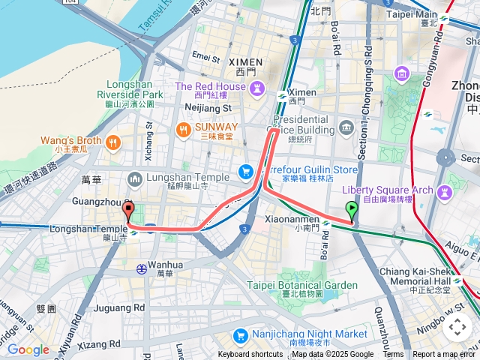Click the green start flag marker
pyautogui.click(x=351, y=211)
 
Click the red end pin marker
pyautogui.click(x=127, y=211)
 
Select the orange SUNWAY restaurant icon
pyautogui.click(x=182, y=130)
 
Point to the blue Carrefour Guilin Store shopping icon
pyautogui.click(x=245, y=172)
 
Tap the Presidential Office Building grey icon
pyautogui.click(x=346, y=127)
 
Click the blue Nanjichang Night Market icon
pyautogui.click(x=240, y=334)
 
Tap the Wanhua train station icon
pyautogui.click(x=141, y=268)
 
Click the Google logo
pyautogui.click(x=28, y=349)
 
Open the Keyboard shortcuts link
pyautogui.click(x=250, y=355)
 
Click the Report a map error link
pyautogui.click(x=444, y=355)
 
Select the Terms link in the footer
pyautogui.click(x=392, y=355)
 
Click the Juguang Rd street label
pyautogui.click(x=119, y=307)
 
